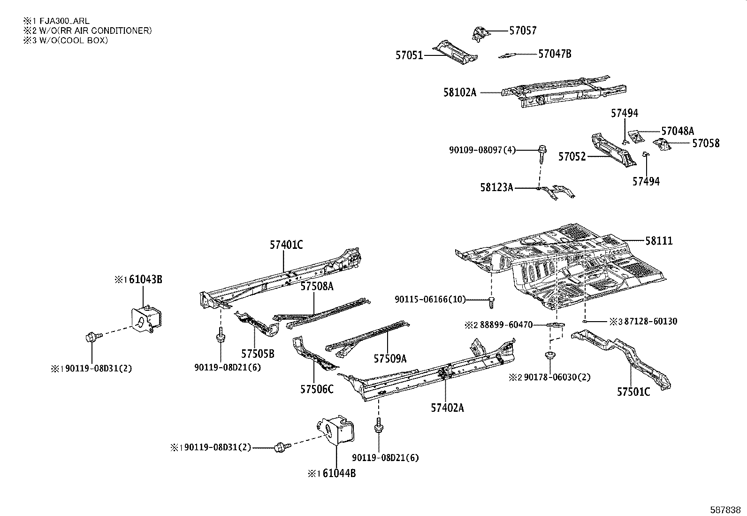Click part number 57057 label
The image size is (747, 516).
(x=523, y=31)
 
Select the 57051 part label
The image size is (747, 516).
(x=409, y=55)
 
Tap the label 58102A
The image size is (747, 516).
(x=459, y=92)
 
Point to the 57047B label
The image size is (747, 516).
(x=554, y=54)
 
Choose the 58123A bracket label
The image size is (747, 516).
(x=496, y=187)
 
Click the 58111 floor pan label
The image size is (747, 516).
(x=658, y=241)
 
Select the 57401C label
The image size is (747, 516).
(x=286, y=245)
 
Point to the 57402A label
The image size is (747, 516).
(x=447, y=408)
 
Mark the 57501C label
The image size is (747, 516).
(x=633, y=392)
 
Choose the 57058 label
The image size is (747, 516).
(x=706, y=143)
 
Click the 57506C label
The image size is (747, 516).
(x=317, y=389)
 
